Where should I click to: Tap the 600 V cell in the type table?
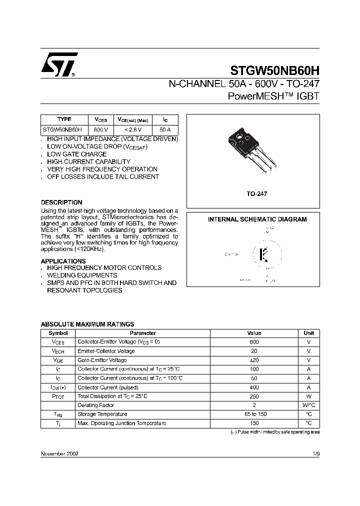(x=101, y=129)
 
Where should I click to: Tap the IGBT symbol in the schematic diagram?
(x=264, y=254)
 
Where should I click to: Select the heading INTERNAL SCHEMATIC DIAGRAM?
(x=257, y=219)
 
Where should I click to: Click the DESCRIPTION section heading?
(x=61, y=202)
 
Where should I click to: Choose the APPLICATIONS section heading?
(x=63, y=261)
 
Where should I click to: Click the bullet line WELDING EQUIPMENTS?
(x=82, y=275)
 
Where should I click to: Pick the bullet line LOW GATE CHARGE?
(x=76, y=154)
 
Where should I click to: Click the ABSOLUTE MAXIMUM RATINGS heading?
(x=87, y=324)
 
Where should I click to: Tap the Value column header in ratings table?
(x=254, y=333)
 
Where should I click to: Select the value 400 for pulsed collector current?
(x=254, y=387)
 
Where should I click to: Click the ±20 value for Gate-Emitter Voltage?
(x=254, y=360)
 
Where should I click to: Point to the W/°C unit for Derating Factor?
(x=308, y=405)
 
